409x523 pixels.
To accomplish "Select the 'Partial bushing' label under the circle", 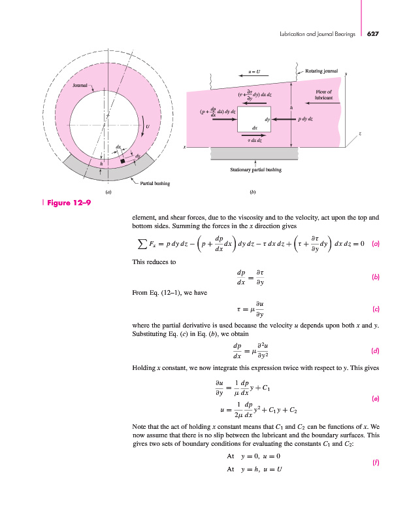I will point(155,184).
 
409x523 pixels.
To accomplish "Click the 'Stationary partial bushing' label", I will point(255,169).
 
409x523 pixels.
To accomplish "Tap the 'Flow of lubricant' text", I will point(324,94).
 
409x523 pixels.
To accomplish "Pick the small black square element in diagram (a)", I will point(122,160).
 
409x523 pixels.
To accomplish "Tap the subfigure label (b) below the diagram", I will point(252,193).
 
